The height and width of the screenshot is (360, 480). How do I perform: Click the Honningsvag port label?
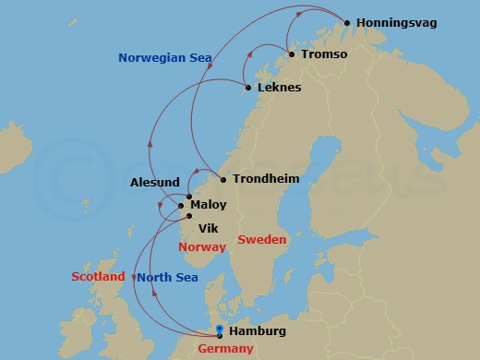tap(398, 22)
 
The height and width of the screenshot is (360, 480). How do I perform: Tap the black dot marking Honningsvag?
tap(347, 22)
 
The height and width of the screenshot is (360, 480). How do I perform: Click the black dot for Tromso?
tap(292, 54)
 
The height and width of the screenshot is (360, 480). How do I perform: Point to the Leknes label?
tap(280, 88)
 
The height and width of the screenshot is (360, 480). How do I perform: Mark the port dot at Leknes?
tap(247, 88)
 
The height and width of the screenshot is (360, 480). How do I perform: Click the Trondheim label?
tap(266, 179)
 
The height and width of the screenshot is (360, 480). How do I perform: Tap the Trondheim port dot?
tap(223, 179)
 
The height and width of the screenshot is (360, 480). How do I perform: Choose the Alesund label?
tap(155, 183)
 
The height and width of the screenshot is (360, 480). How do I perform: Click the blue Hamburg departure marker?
tap(219, 330)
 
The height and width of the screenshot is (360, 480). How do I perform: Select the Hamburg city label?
tap(258, 331)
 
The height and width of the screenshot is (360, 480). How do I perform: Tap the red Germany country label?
tap(225, 349)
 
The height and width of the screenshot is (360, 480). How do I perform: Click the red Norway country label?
tap(202, 247)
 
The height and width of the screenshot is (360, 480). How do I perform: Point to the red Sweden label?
tap(262, 240)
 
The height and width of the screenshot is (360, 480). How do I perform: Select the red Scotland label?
tap(98, 277)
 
